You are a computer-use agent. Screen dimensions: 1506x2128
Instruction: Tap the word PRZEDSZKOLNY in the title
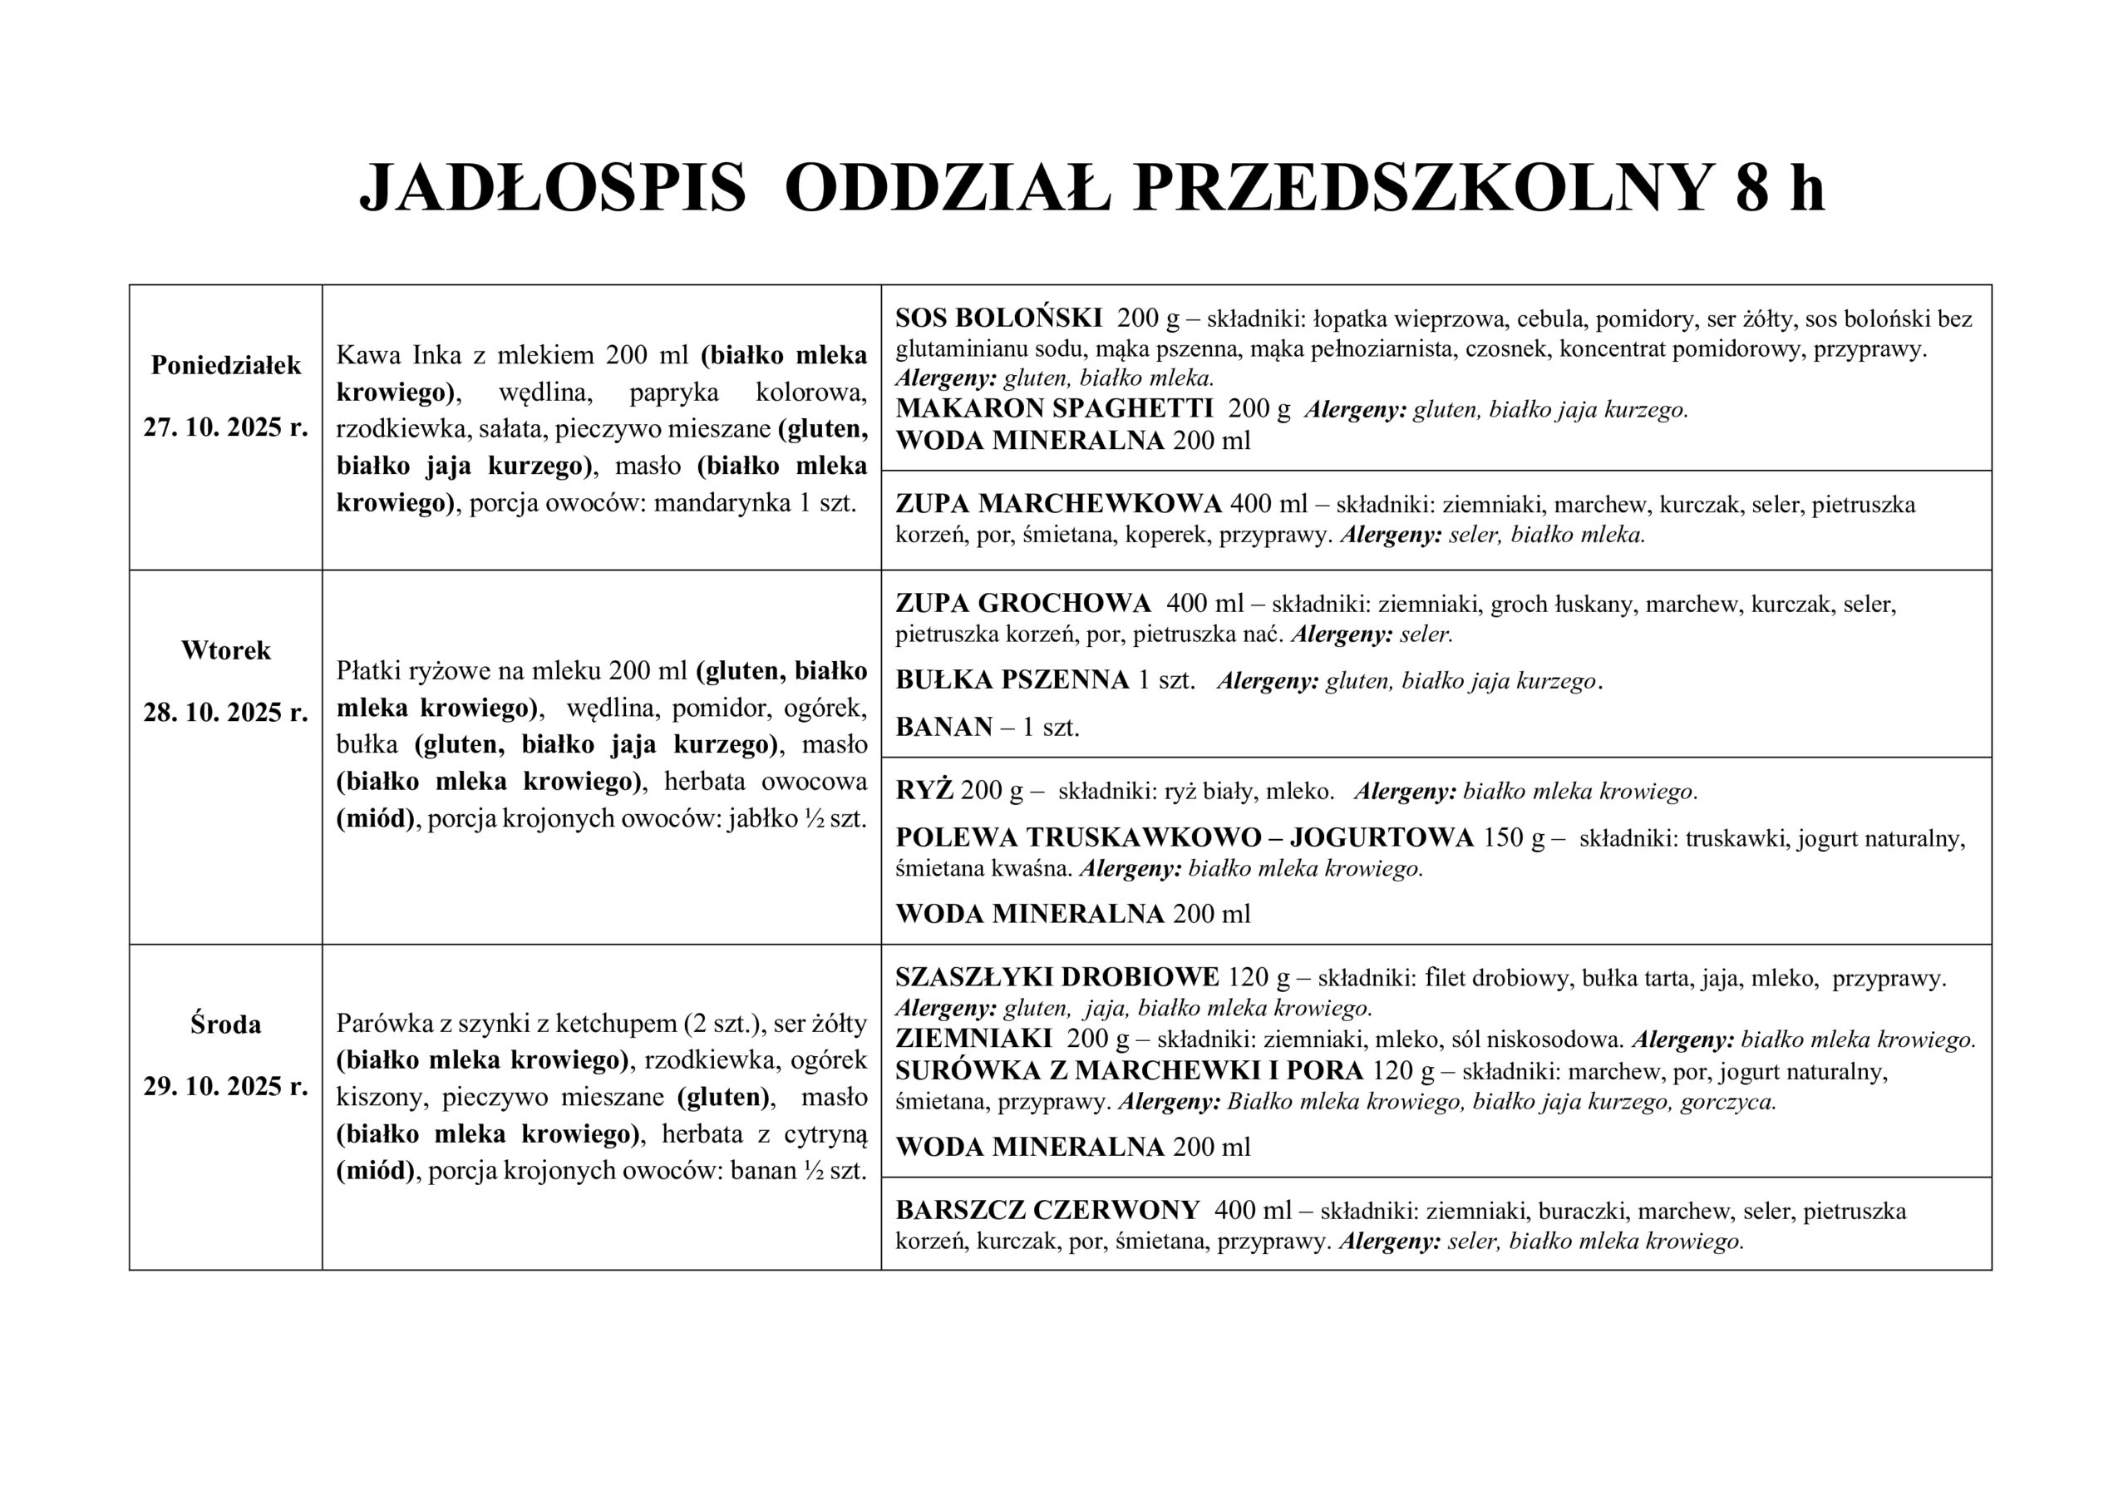(x=1421, y=189)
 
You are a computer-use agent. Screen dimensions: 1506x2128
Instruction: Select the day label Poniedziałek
(x=226, y=365)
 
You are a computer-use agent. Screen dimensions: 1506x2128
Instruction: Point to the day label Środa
(x=226, y=1024)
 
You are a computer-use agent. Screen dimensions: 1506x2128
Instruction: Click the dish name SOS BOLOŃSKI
(x=998, y=318)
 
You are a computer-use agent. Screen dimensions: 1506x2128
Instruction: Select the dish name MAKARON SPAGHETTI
(x=1054, y=409)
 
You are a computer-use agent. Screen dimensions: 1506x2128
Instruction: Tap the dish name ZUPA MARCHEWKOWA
(x=1058, y=504)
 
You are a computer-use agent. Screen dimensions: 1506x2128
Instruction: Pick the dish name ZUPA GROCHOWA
(x=1022, y=604)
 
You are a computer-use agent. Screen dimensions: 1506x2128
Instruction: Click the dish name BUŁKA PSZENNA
(x=1012, y=681)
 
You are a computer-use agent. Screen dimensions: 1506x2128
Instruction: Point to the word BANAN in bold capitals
(x=943, y=727)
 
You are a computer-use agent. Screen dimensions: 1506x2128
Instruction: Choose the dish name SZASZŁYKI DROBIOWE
(x=1057, y=977)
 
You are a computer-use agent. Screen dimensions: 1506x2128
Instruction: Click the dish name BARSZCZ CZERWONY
(x=1047, y=1210)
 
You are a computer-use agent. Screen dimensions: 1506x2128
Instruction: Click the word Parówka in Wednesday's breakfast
(x=378, y=1024)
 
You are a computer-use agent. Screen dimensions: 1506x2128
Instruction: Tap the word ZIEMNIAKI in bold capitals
(x=973, y=1039)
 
